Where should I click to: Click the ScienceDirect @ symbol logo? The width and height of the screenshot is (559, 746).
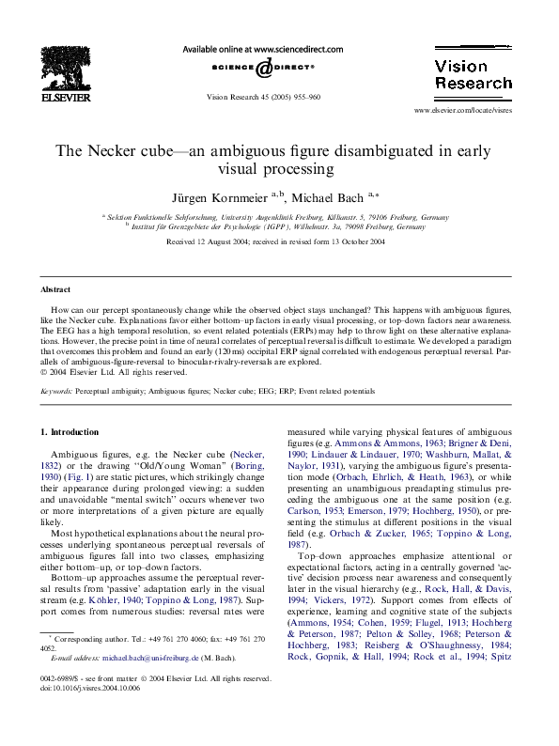tap(265, 67)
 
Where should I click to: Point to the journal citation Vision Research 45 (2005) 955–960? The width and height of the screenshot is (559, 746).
tap(264, 97)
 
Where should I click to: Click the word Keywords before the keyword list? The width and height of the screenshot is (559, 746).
tap(58, 389)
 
